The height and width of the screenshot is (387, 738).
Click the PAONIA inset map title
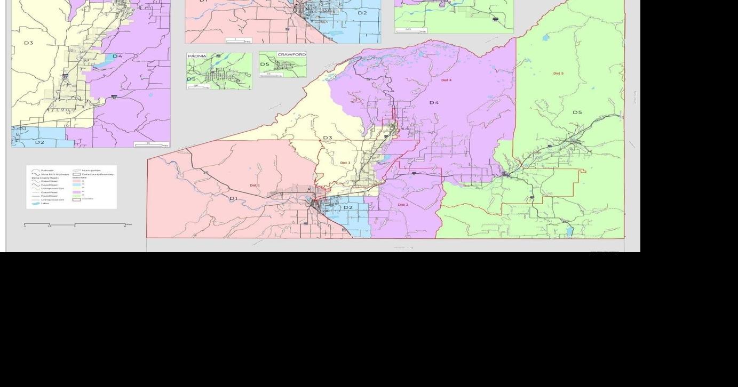[197, 56]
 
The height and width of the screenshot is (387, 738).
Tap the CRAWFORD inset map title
[291, 54]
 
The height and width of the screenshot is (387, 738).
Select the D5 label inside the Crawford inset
[265, 64]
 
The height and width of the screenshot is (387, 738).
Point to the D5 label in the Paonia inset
[191, 79]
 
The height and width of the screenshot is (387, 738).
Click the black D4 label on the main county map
[434, 102]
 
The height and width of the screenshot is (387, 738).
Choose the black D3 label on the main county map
[327, 138]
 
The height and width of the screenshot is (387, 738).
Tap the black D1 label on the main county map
[233, 198]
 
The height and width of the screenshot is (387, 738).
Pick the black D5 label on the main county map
[577, 112]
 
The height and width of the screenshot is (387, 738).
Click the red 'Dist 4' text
[446, 80]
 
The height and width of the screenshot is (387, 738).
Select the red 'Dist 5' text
[558, 74]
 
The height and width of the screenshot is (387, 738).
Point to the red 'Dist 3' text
[345, 163]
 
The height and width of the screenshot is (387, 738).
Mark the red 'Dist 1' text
[255, 186]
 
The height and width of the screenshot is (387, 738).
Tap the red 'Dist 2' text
[403, 205]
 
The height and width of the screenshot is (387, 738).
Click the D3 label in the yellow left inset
[28, 43]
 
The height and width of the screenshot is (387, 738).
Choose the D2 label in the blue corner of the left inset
[39, 142]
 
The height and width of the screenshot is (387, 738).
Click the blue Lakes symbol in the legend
[36, 204]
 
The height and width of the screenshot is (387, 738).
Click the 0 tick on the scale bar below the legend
[25, 224]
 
